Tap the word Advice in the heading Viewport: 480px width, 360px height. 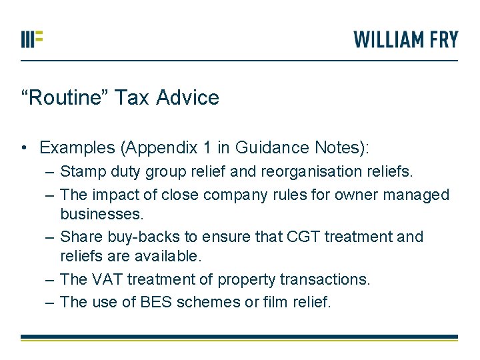pyautogui.click(x=187, y=98)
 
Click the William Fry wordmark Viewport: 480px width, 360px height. pyautogui.click(x=406, y=39)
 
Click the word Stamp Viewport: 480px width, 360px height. pyautogui.click(x=81, y=172)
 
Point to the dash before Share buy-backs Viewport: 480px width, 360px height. pyautogui.click(x=51, y=237)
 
